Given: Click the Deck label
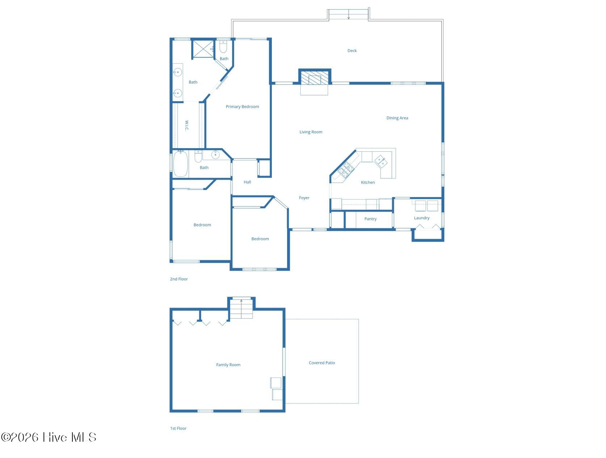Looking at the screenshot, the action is [x=352, y=51].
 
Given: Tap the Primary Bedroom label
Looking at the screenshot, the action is [x=242, y=106].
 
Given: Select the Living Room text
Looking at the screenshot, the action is [x=311, y=132].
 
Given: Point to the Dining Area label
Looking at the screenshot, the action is [x=397, y=118].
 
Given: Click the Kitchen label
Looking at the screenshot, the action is [x=367, y=182].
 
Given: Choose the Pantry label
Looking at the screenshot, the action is [x=370, y=219].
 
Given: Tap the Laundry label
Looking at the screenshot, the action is [x=421, y=218].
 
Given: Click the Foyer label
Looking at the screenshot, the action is [x=304, y=198].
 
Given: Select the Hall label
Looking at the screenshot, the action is [x=247, y=182].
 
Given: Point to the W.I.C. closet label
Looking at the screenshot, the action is [x=187, y=125].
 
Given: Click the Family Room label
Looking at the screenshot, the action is [x=228, y=365].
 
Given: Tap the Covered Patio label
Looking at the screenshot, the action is [x=321, y=363].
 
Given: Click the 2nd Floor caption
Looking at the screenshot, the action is [x=178, y=279].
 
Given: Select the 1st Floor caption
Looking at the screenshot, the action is [x=178, y=428].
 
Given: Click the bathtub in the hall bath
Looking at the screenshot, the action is [x=181, y=164].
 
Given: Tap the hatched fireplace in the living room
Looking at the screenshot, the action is [x=314, y=77].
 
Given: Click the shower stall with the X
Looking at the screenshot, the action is [x=203, y=49].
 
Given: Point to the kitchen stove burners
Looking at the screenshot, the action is [x=344, y=169].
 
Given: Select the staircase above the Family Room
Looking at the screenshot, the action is [x=241, y=308].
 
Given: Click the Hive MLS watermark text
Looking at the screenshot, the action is [x=49, y=437].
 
